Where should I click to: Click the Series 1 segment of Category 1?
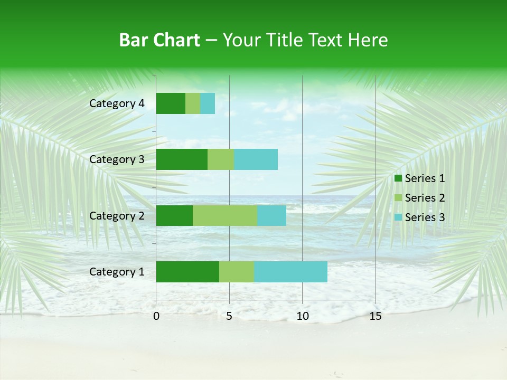pos(187,272)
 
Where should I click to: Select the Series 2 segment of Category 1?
pos(237,272)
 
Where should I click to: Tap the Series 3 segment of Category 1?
pos(290,272)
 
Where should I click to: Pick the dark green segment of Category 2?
pos(174,215)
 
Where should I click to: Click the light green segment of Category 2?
pos(225,215)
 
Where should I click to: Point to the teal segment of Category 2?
pos(271,215)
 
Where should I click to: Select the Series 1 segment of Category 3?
pos(182,159)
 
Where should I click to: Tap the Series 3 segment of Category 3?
pos(256,159)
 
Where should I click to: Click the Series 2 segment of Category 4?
pos(193,103)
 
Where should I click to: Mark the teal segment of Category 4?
pos(208,103)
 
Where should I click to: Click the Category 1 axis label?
pos(117,272)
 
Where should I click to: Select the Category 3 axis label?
pos(117,159)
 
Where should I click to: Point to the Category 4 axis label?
pos(117,103)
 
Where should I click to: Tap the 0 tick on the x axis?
pos(156,316)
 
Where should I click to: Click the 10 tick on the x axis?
pos(302,316)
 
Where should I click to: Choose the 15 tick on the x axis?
pos(375,316)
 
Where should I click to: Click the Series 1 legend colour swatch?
pos(398,178)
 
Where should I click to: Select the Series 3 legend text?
pos(425,217)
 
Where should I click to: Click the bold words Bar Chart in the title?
pos(159,40)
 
